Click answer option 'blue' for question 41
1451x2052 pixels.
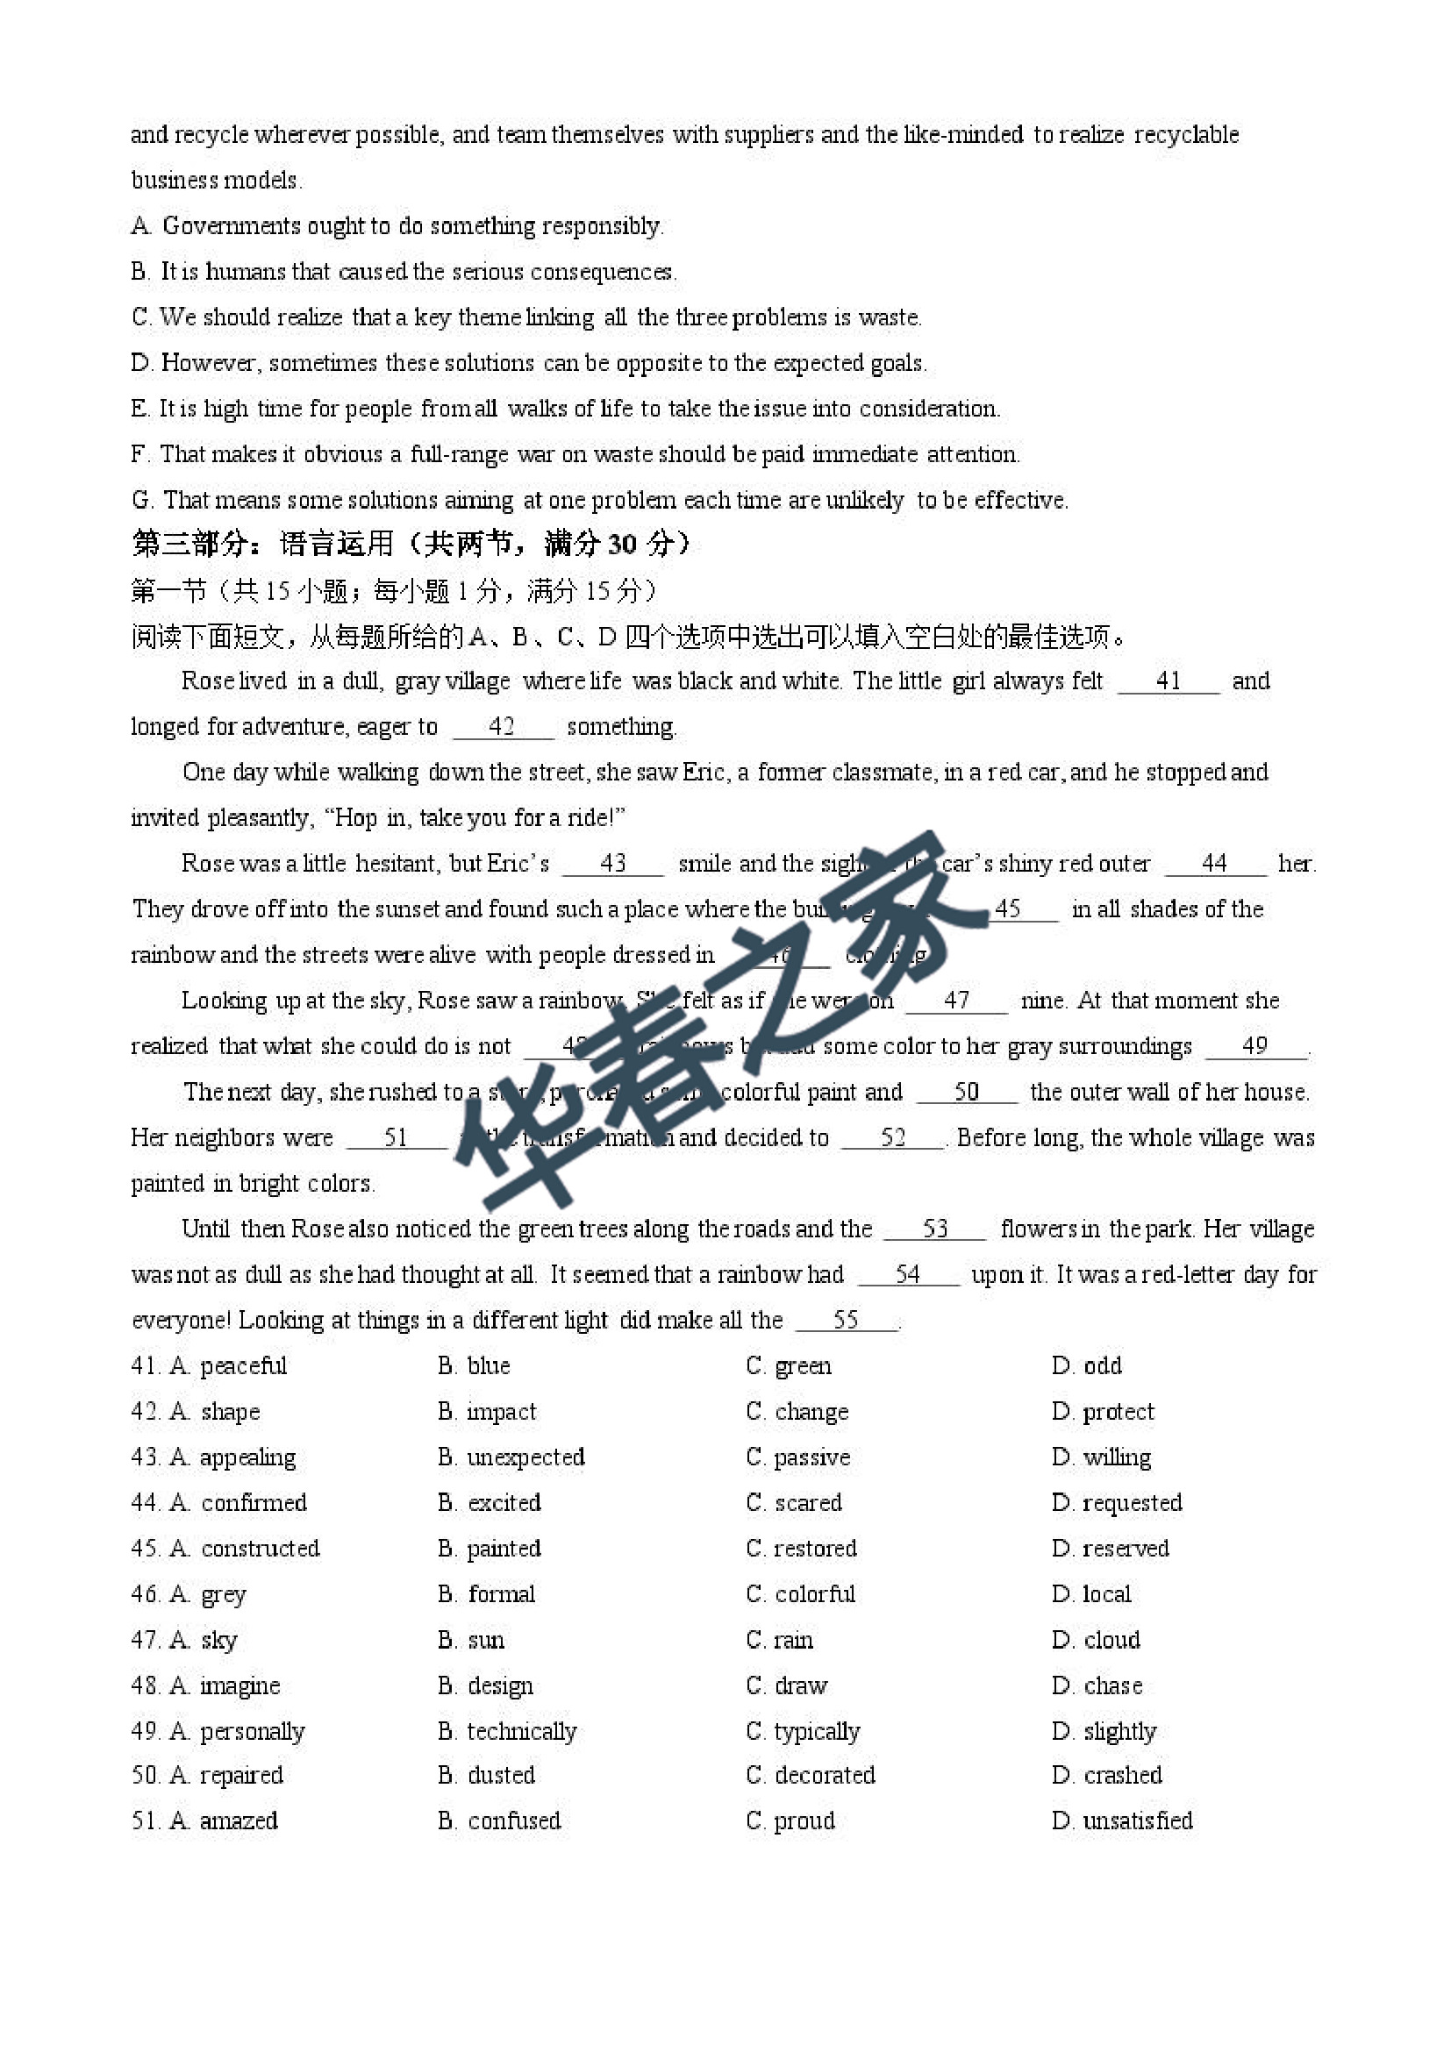pyautogui.click(x=487, y=1365)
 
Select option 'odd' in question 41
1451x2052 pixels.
pyautogui.click(x=1102, y=1365)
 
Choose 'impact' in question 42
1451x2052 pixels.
pyautogui.click(x=501, y=1412)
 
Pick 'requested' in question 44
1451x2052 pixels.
pyautogui.click(x=1132, y=1503)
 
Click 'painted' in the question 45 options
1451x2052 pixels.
pyautogui.click(x=504, y=1549)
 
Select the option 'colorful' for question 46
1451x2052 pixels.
pyautogui.click(x=814, y=1594)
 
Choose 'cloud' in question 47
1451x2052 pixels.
pyautogui.click(x=1111, y=1640)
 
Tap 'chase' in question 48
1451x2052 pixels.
pyautogui.click(x=1112, y=1685)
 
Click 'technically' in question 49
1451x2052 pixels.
pyautogui.click(x=521, y=1731)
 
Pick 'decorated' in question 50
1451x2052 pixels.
pyautogui.click(x=825, y=1775)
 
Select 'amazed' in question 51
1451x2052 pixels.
pyautogui.click(x=239, y=1820)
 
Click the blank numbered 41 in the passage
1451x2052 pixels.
pyautogui.click(x=1169, y=682)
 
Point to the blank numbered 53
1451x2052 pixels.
pyautogui.click(x=935, y=1229)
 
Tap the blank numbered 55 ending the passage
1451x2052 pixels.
pyautogui.click(x=846, y=1320)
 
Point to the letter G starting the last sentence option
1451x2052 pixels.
pyautogui.click(x=141, y=501)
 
